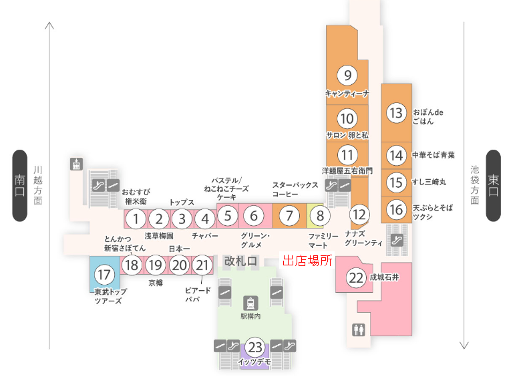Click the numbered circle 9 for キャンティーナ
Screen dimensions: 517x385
(x=347, y=75)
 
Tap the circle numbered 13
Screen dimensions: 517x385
(x=397, y=113)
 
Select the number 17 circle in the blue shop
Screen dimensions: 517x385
(x=104, y=274)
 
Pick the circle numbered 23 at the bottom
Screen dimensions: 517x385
(x=254, y=347)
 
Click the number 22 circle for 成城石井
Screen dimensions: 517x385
(x=357, y=276)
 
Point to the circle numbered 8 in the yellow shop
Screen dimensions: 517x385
(x=320, y=216)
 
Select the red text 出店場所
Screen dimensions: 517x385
(x=307, y=261)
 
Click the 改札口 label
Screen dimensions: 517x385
(x=240, y=261)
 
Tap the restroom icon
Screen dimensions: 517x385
(x=359, y=330)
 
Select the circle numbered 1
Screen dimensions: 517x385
(x=136, y=219)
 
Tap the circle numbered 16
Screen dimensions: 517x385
(x=397, y=210)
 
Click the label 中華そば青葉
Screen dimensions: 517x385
(x=434, y=155)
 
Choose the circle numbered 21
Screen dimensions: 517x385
(x=202, y=265)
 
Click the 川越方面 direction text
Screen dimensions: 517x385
(x=38, y=186)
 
